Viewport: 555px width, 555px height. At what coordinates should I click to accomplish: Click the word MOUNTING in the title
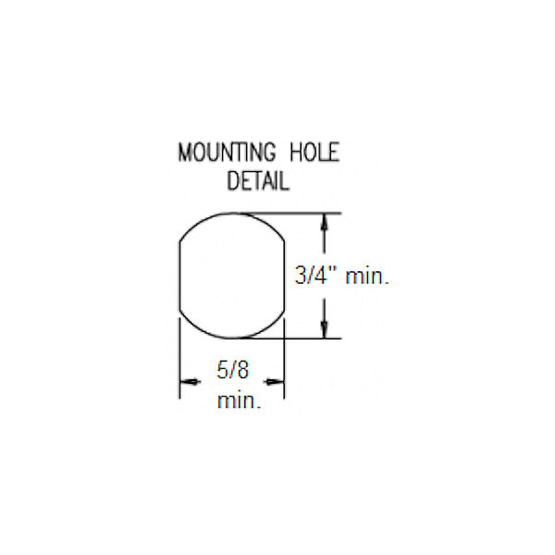pos(227,153)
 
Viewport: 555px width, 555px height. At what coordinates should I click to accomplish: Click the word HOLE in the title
pos(314,153)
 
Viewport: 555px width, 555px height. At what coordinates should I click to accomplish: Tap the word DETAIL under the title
pos(258,180)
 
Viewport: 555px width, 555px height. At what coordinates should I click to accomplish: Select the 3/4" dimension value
pos(315,276)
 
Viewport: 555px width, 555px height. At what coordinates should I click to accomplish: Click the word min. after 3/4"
pos(367,276)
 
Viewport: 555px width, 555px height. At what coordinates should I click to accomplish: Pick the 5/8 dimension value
pos(232,370)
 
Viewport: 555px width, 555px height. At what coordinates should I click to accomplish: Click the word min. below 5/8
pos(239,401)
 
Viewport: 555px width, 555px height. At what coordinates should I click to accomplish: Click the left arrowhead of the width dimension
pos(190,381)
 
